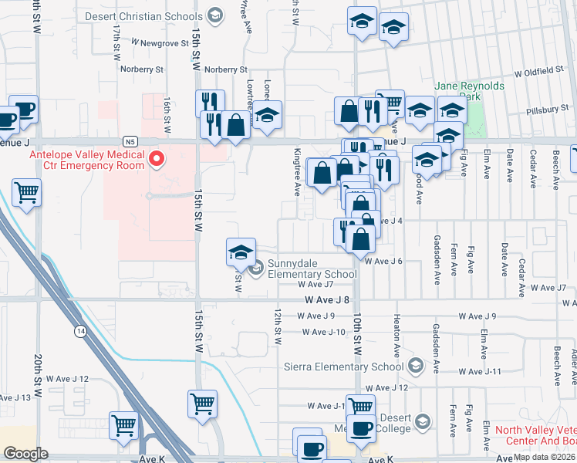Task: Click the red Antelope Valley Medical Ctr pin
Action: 157,161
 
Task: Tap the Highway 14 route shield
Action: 80,330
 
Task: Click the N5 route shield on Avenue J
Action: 130,142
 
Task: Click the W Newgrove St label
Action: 160,43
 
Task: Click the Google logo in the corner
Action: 25,454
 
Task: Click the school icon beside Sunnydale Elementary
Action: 241,252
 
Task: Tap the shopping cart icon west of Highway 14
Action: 27,192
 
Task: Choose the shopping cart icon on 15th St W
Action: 202,404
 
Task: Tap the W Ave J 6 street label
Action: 383,262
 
